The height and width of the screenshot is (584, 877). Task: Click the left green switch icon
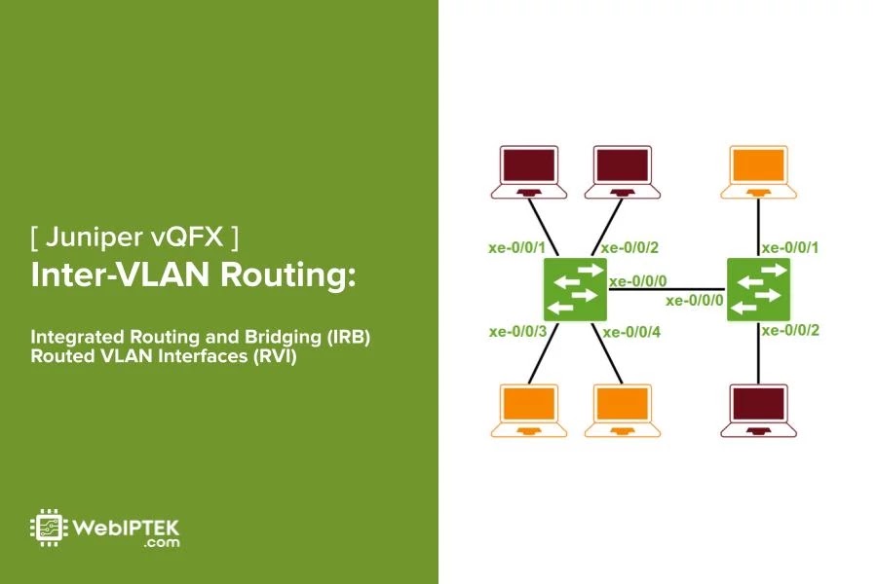click(x=576, y=289)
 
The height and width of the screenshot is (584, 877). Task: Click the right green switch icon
click(x=759, y=289)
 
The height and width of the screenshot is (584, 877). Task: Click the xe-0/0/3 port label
click(x=516, y=332)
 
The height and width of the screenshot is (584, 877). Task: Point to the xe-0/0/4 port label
click(x=631, y=332)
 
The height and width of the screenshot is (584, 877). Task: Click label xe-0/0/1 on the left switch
click(x=516, y=247)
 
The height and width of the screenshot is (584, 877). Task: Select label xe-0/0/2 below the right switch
click(x=790, y=331)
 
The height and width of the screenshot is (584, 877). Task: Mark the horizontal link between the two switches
click(x=667, y=289)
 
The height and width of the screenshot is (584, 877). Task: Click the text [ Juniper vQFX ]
click(x=134, y=237)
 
